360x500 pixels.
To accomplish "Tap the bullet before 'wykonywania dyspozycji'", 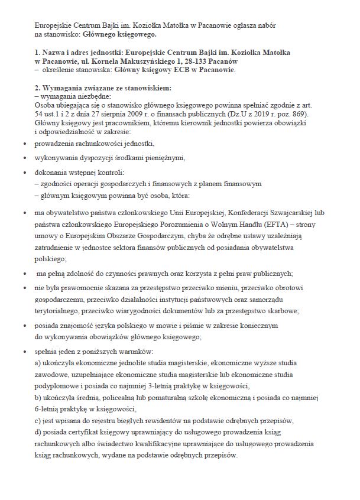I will pyautogui.click(x=24, y=158).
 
